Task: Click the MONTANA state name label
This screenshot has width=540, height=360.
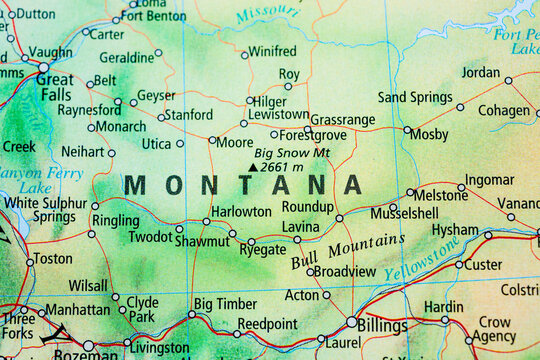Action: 243,185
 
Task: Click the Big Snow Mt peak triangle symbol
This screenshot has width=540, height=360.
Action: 252,167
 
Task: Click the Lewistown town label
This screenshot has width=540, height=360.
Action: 278,115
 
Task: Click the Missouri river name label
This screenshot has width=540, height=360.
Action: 267,13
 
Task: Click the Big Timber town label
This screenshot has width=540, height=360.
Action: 224,303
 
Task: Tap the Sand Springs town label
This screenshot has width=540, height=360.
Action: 415,97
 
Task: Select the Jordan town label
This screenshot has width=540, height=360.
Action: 480,72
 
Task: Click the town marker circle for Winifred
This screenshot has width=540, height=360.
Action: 244,54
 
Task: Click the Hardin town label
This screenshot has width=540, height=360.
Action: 443,307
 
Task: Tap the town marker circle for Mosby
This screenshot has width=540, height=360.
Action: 407,130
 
